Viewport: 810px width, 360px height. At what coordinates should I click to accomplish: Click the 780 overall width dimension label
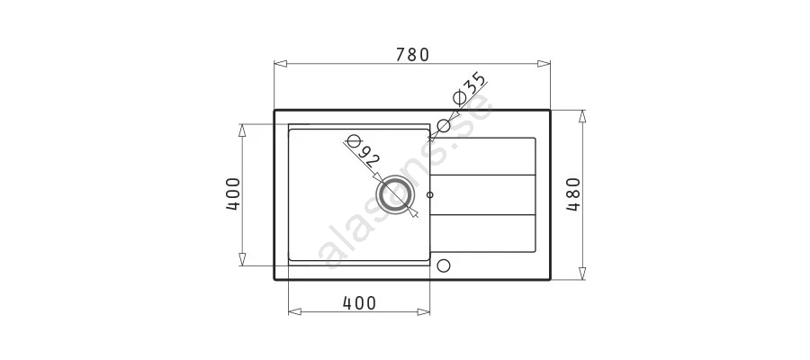(x=412, y=54)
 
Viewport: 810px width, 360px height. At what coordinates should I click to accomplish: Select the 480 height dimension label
(x=573, y=194)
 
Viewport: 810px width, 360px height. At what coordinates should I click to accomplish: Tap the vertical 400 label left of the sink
(x=233, y=194)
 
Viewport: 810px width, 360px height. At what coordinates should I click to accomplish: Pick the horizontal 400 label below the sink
(x=359, y=302)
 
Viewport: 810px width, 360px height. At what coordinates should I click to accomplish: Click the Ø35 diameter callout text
(x=469, y=88)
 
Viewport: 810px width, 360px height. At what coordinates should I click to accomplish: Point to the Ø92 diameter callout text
(x=362, y=151)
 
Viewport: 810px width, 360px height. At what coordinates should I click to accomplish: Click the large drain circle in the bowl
(x=396, y=194)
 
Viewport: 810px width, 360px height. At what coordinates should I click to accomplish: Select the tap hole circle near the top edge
(x=444, y=125)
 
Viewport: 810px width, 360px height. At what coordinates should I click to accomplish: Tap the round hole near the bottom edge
(x=444, y=265)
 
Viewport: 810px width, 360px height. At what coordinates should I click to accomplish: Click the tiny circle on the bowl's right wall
(x=430, y=194)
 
